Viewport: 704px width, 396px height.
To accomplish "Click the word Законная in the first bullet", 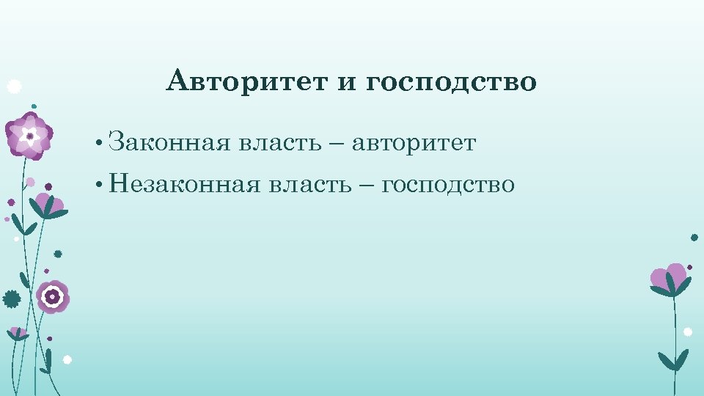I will point(169,141).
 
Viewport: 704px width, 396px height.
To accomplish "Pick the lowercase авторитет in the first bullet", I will point(414,142).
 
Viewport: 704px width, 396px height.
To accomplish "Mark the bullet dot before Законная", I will point(98,142).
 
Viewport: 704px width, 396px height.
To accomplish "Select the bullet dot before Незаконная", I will point(98,185).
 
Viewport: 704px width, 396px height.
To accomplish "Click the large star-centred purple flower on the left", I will point(29,135).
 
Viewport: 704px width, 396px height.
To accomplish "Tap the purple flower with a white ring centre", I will point(53,296).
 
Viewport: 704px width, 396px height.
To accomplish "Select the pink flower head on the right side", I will point(668,277).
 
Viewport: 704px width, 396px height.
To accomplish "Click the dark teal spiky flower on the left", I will point(12,298).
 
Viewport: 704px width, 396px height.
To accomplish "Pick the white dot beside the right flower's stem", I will point(688,331).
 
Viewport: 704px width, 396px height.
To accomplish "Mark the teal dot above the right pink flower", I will point(694,237).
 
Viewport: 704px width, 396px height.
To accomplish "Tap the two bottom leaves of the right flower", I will point(673,360).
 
